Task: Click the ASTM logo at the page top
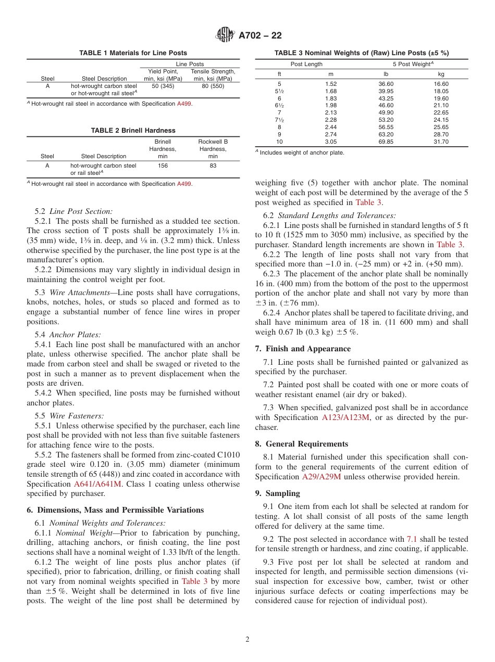(x=225, y=35)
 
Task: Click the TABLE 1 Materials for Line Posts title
(x=133, y=53)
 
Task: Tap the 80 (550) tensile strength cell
(x=213, y=86)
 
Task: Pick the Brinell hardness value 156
(x=163, y=166)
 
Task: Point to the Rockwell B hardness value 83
(x=213, y=166)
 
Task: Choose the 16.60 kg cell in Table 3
(x=441, y=84)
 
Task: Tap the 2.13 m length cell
(x=330, y=112)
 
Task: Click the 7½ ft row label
(x=279, y=120)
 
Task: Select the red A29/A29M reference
(x=321, y=477)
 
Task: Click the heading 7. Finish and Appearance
(x=303, y=349)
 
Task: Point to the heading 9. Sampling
(x=277, y=493)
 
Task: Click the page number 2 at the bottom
(x=247, y=640)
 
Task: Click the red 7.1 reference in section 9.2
(x=411, y=539)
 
